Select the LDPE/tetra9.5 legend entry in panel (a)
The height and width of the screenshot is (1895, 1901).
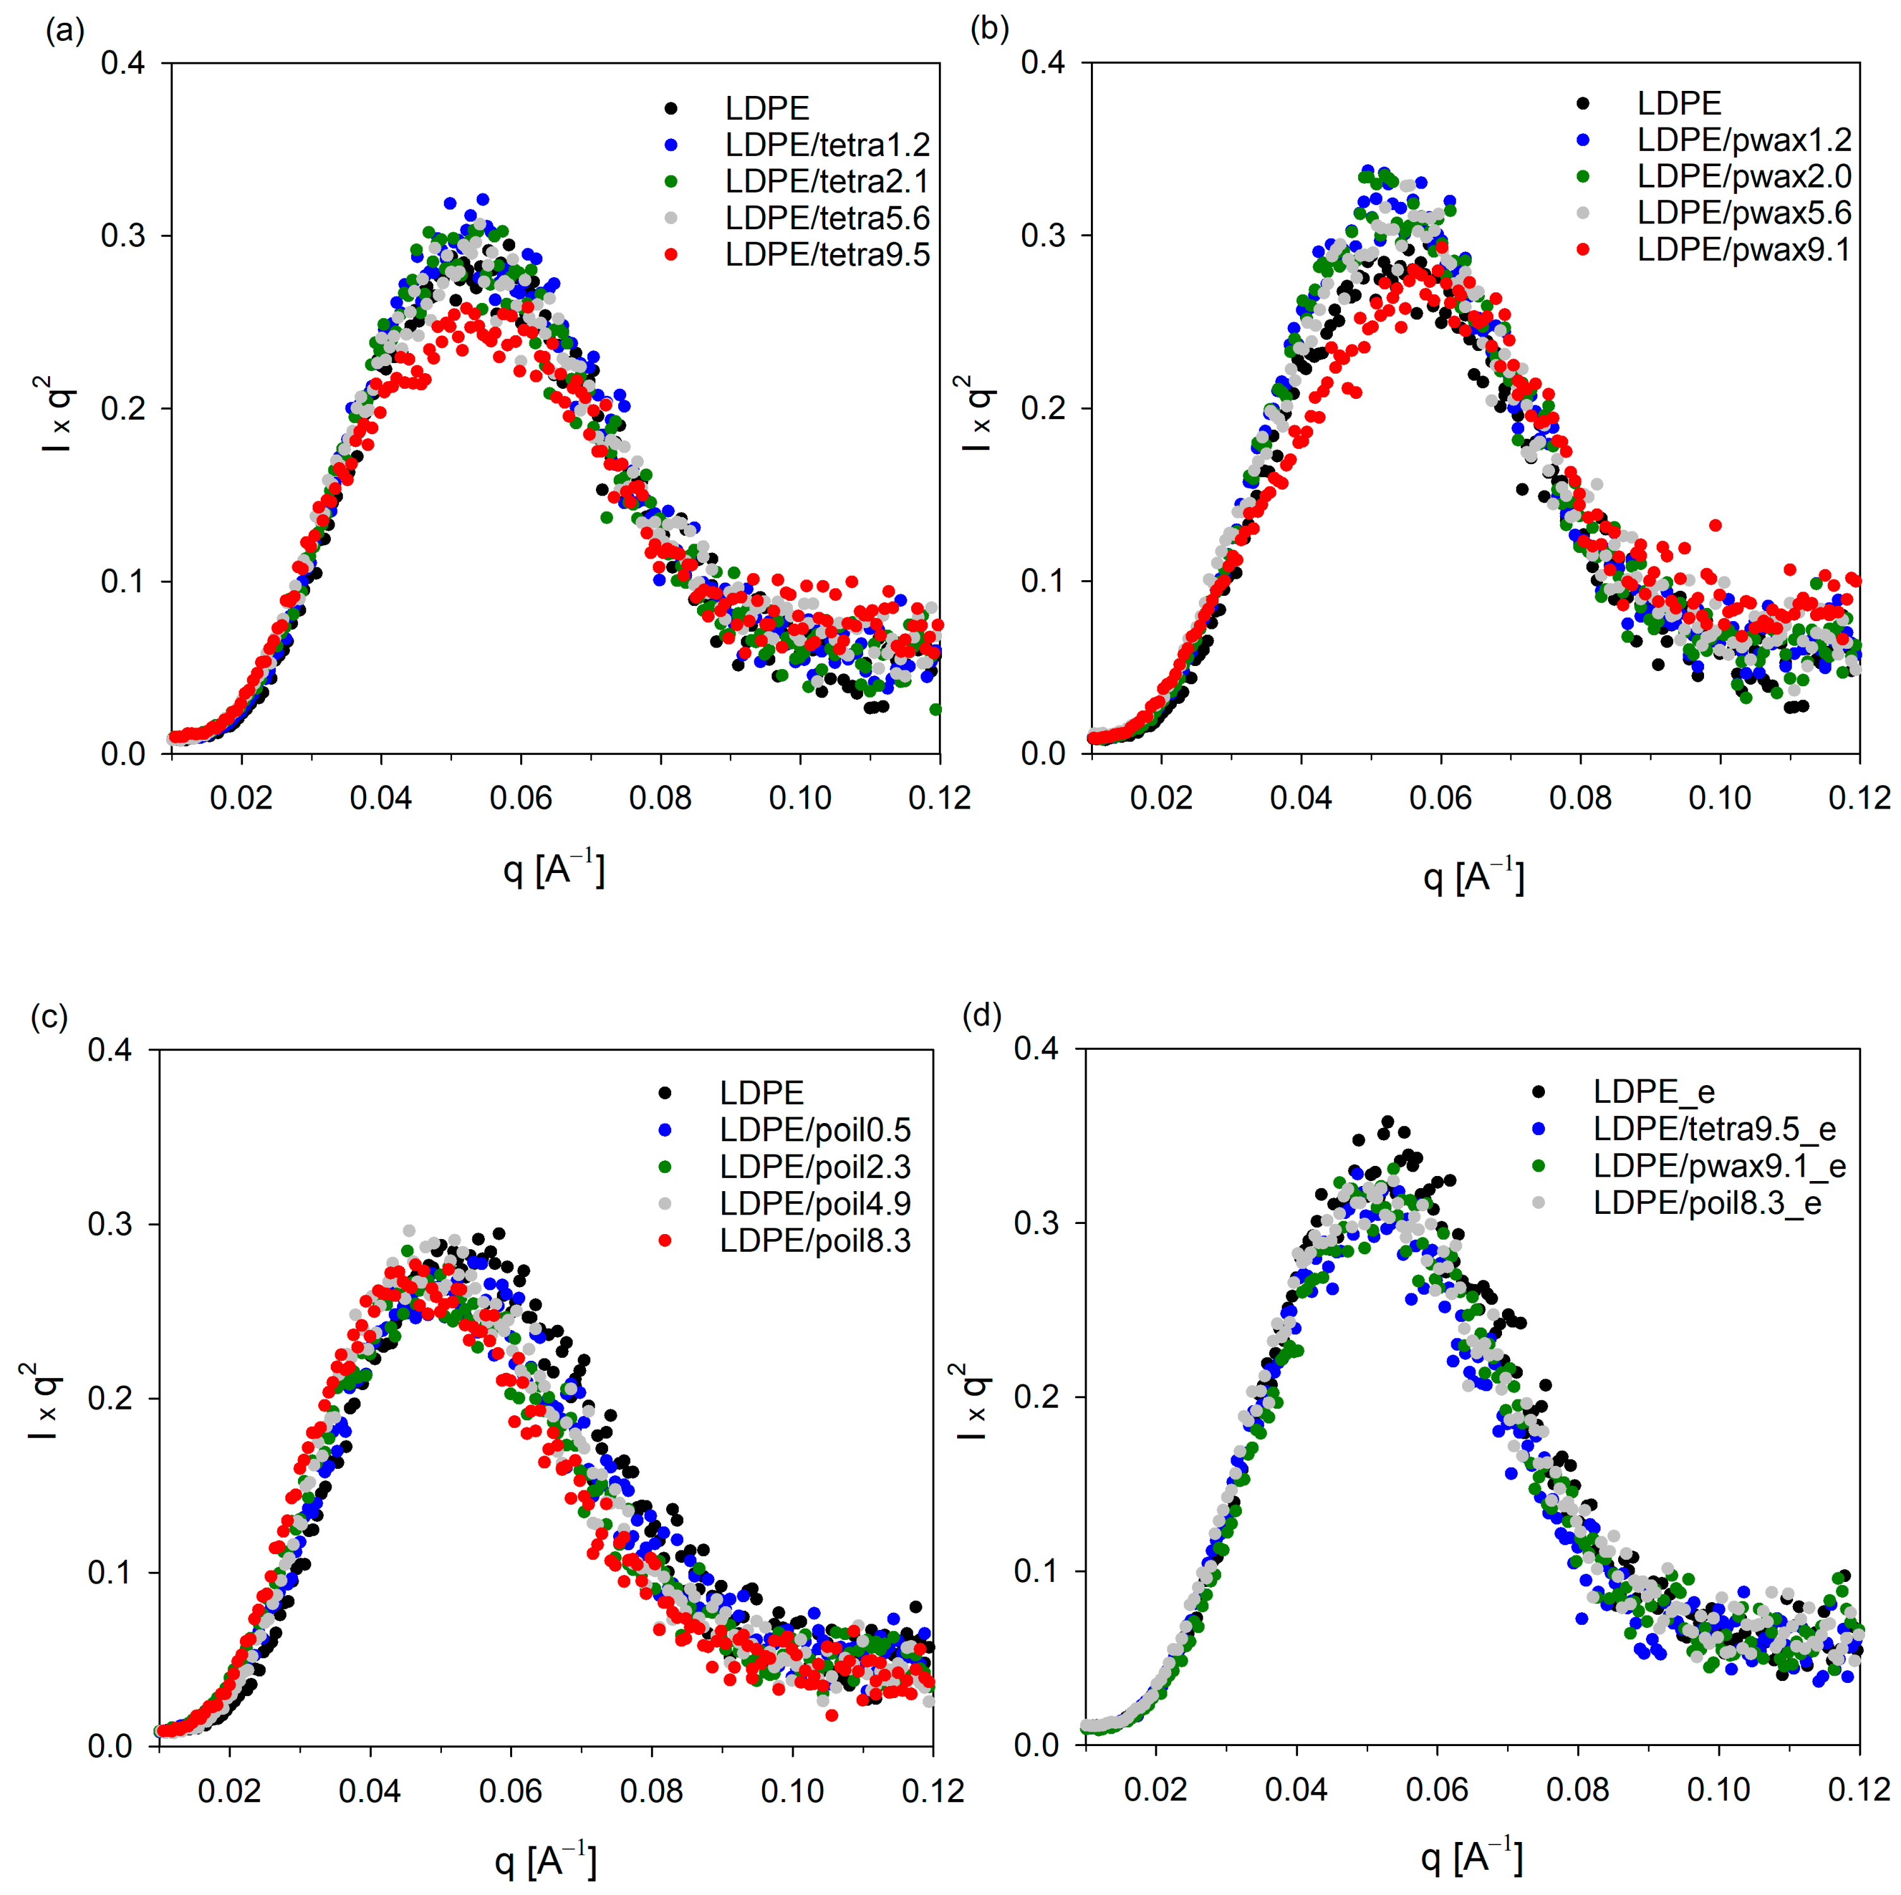click(x=826, y=255)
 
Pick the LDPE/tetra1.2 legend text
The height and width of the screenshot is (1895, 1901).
click(x=826, y=145)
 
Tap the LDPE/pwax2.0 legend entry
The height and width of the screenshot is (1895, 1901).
click(x=1744, y=176)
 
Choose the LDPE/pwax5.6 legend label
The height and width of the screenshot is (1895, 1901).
click(x=1744, y=213)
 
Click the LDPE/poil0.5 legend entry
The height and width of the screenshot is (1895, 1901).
click(x=814, y=1129)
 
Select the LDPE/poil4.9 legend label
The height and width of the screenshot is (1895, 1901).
click(x=814, y=1203)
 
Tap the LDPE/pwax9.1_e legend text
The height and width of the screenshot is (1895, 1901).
click(x=1719, y=1166)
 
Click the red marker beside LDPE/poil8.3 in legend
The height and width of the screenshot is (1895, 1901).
click(x=665, y=1240)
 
